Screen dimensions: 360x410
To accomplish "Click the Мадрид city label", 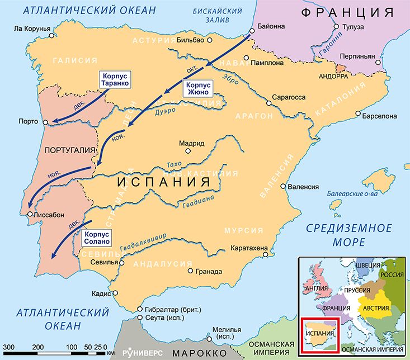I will coord(192,143).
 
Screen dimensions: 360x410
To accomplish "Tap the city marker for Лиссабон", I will coord(29,214).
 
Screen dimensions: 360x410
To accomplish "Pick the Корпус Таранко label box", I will coord(115,79).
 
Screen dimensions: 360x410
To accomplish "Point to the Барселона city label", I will coord(380,116).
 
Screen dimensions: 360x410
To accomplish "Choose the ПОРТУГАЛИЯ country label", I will coord(66,150).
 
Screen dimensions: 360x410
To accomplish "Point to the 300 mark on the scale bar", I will coord(10,347).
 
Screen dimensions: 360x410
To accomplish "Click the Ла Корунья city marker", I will coord(51,35).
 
